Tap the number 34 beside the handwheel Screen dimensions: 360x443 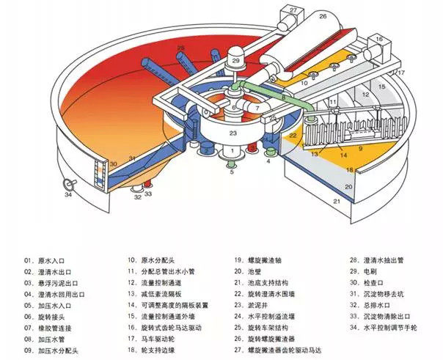[68, 194]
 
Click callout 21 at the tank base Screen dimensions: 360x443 [337, 200]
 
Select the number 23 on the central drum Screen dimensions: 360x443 [232, 133]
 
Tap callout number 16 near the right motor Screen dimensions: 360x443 [380, 38]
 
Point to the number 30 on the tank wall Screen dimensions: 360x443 [113, 163]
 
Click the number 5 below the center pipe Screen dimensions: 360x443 [231, 173]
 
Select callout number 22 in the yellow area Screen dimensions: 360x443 [292, 135]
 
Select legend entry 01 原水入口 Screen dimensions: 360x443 [51, 260]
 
